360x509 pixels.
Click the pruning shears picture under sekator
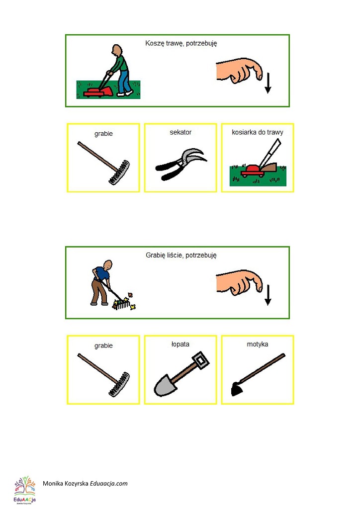click(x=181, y=164)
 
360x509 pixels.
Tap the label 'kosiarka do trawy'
click(x=258, y=132)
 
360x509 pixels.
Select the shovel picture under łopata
click(x=181, y=374)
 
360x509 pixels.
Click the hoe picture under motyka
click(x=258, y=374)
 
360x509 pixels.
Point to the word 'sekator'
click(x=180, y=132)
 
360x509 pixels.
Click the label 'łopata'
click(x=180, y=344)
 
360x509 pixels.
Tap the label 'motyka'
click(x=258, y=344)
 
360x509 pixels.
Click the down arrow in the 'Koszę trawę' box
click(x=268, y=83)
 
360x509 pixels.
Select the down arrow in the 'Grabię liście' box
click(x=268, y=295)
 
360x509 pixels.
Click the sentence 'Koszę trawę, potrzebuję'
click(x=181, y=43)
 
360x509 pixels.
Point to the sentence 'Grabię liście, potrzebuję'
click(x=181, y=255)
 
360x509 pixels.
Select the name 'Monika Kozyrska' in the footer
click(x=66, y=483)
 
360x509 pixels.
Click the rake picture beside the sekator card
click(x=104, y=163)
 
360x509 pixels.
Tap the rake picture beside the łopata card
click(x=104, y=375)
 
